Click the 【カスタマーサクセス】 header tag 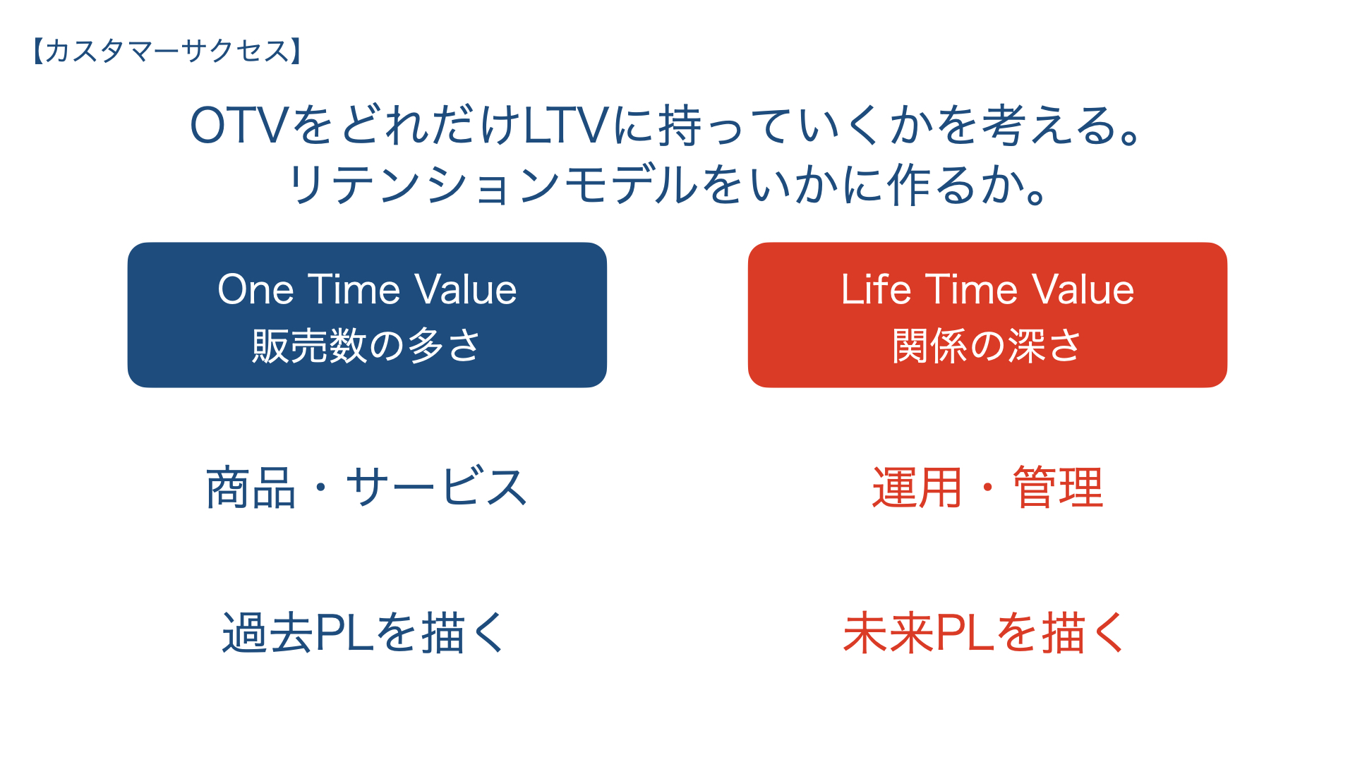pyautogui.click(x=167, y=51)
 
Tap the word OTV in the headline pyautogui.click(x=239, y=126)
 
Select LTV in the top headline pyautogui.click(x=565, y=126)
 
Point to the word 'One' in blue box pyautogui.click(x=255, y=289)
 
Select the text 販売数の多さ pyautogui.click(x=366, y=346)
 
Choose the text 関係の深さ pyautogui.click(x=987, y=346)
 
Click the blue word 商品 pyautogui.click(x=251, y=488)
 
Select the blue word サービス pyautogui.click(x=436, y=487)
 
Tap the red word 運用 pyautogui.click(x=917, y=488)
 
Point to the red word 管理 pyautogui.click(x=1058, y=488)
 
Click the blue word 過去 pyautogui.click(x=267, y=632)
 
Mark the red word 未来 pyautogui.click(x=889, y=632)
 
